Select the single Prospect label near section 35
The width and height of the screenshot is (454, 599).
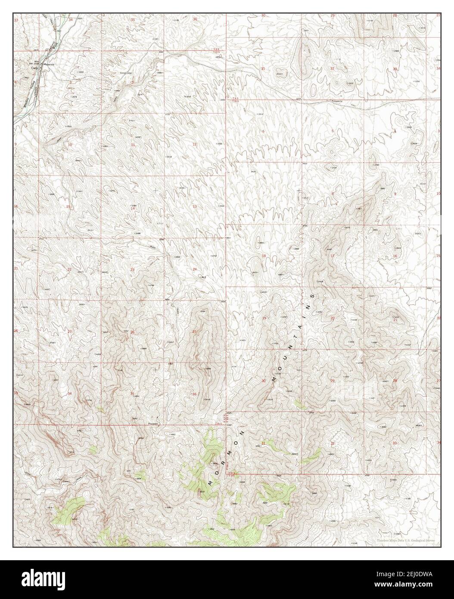tap(154, 424)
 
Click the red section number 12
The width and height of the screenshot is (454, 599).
tap(195, 144)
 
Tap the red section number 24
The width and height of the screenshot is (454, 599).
tap(195, 269)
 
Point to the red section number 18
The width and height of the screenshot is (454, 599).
tap(264, 256)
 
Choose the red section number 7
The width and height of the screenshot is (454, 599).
tap(263, 193)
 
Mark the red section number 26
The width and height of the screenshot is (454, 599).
tap(132, 332)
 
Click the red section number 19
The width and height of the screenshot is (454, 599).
tap(264, 318)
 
